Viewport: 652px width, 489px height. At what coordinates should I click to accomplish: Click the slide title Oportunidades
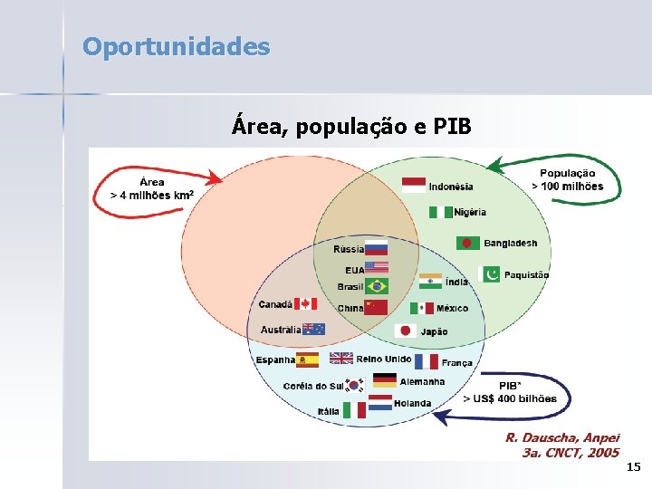(176, 46)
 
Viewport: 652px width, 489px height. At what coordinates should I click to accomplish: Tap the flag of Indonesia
(414, 186)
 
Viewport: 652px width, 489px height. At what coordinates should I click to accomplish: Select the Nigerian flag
(441, 212)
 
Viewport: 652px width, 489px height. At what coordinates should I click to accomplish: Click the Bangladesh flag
(468, 243)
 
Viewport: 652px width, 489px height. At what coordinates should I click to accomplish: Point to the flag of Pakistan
(490, 274)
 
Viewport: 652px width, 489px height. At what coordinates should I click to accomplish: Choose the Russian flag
(376, 248)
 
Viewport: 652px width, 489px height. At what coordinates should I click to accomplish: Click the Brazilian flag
(376, 286)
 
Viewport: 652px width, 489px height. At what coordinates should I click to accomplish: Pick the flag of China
(376, 308)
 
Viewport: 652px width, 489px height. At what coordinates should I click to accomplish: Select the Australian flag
(313, 330)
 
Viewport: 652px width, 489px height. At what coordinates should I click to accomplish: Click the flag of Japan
(407, 331)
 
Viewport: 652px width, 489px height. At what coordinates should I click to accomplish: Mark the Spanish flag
(308, 360)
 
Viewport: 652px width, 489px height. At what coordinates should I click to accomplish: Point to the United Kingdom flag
(341, 359)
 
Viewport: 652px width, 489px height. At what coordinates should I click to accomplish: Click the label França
(457, 362)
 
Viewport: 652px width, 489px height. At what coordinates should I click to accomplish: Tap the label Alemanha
(422, 381)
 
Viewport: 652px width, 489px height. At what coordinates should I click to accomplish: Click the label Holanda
(413, 403)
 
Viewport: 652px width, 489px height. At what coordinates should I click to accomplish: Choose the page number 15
(633, 467)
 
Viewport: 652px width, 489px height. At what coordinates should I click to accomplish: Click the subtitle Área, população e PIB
(351, 126)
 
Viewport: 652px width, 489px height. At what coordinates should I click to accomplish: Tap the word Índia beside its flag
(457, 282)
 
